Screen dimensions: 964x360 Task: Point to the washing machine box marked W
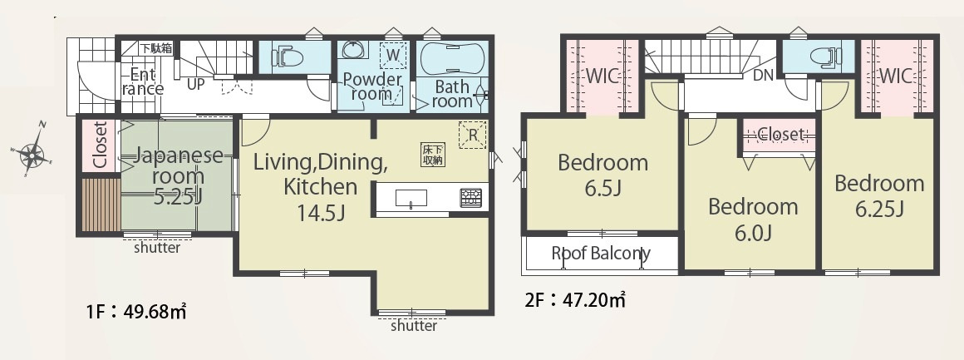pyautogui.click(x=393, y=56)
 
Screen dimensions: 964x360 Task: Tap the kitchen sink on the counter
pyautogui.click(x=411, y=198)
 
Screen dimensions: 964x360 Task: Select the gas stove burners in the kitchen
pyautogui.click(x=471, y=198)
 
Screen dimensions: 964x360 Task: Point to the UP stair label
pyautogui.click(x=195, y=84)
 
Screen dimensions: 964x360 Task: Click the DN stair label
pyautogui.click(x=762, y=76)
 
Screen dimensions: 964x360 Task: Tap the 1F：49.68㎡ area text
pyautogui.click(x=136, y=312)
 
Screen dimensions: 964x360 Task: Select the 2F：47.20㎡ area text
pyautogui.click(x=575, y=300)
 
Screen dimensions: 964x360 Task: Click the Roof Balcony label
pyautogui.click(x=601, y=253)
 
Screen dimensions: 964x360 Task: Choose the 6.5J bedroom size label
pyautogui.click(x=603, y=188)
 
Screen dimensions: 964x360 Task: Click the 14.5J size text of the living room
pyautogui.click(x=320, y=213)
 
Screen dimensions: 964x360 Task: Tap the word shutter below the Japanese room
pyautogui.click(x=157, y=248)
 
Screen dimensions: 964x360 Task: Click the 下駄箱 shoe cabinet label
pyautogui.click(x=156, y=48)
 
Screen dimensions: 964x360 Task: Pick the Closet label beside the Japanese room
pyautogui.click(x=100, y=145)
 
